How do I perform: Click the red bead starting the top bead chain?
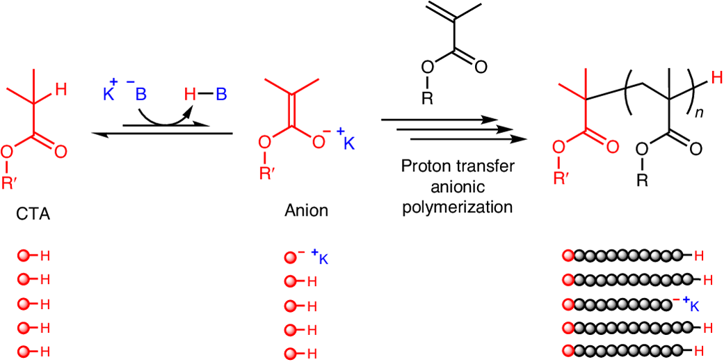pyautogui.click(x=567, y=258)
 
